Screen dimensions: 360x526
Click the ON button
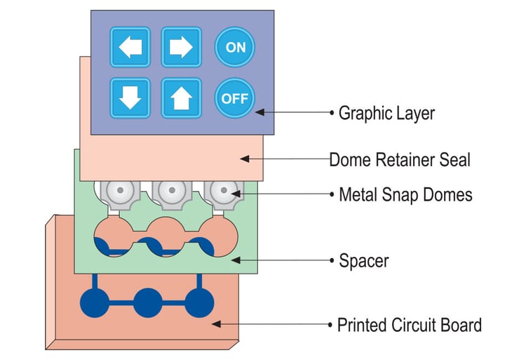tap(235, 47)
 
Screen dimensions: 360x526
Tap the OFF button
tap(235, 98)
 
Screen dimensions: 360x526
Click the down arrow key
tap(130, 98)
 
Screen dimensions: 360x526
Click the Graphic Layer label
tap(386, 112)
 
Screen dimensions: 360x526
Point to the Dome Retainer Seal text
tap(400, 160)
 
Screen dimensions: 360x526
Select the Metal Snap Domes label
tap(405, 194)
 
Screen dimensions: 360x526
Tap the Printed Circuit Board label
tap(410, 326)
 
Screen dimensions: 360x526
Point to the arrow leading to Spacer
tap(281, 261)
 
